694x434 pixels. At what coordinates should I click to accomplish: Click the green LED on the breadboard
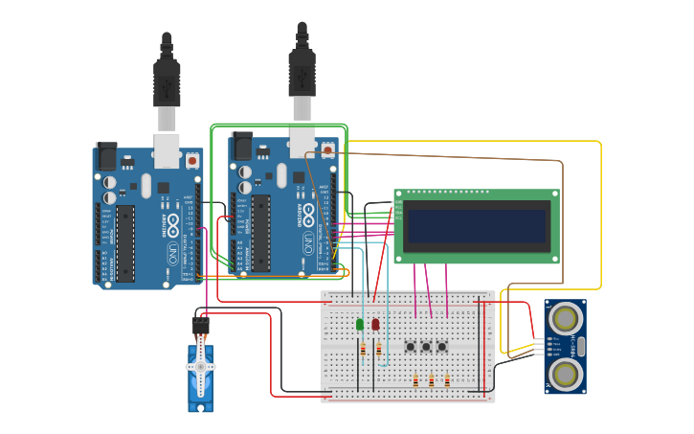point(360,325)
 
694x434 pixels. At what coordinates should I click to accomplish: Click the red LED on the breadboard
point(375,325)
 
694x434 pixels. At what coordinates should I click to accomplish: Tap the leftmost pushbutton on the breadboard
point(411,347)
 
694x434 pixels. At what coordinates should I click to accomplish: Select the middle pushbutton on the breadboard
point(426,347)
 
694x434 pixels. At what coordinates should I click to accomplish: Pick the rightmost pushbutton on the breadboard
point(442,347)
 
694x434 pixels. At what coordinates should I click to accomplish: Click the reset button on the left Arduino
point(192,161)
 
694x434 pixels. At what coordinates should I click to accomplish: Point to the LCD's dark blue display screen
point(476,227)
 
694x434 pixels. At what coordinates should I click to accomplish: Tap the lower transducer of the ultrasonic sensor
point(566,375)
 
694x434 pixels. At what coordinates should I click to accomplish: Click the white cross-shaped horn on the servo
point(200,368)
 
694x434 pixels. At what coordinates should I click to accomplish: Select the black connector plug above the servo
point(200,326)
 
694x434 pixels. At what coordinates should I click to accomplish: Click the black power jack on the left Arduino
point(106,155)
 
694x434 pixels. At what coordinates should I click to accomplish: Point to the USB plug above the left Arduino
point(167,86)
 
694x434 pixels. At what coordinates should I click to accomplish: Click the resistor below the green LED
point(363,350)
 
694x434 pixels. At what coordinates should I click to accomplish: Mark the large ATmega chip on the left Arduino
point(125,243)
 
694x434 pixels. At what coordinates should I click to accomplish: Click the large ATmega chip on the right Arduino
point(260,233)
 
